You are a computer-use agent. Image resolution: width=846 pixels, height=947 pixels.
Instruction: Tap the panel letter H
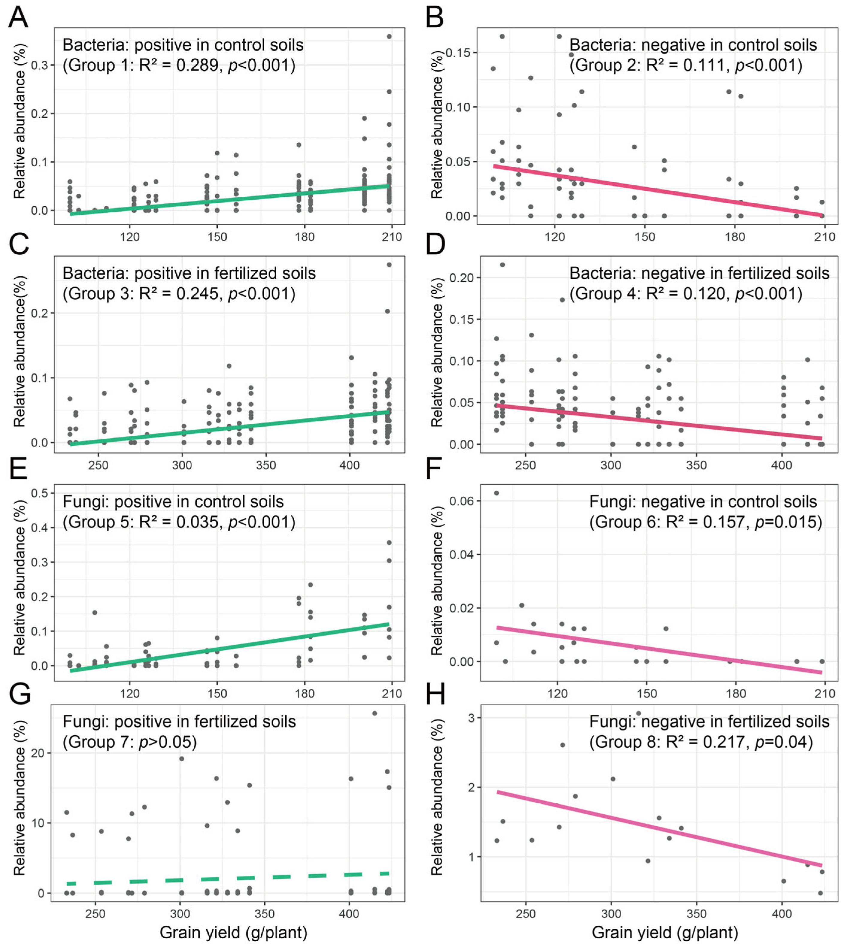coord(436,694)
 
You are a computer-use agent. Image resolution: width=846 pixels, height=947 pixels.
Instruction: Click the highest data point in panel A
coord(389,36)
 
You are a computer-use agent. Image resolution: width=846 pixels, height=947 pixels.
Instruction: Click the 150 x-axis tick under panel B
coord(645,237)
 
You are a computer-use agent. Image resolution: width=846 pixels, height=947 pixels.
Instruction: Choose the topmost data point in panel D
coord(502,265)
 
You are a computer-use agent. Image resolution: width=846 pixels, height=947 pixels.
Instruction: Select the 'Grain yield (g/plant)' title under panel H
coord(665,932)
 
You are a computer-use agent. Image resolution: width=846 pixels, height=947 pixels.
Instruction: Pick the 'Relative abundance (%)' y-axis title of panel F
coord(437,581)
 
